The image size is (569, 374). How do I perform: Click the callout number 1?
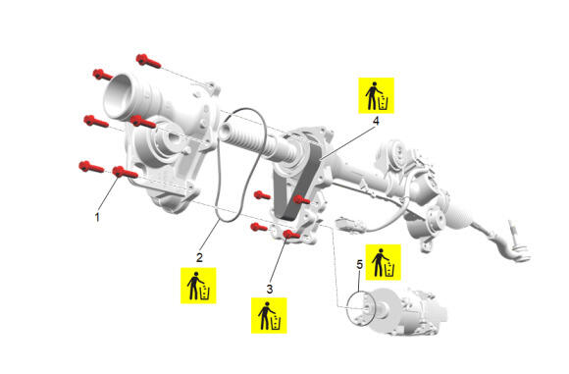(97, 217)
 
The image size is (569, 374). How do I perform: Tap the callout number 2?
(199, 258)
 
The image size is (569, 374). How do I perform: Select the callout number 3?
(269, 289)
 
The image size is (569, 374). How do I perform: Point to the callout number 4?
(376, 121)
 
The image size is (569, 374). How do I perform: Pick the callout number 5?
(359, 265)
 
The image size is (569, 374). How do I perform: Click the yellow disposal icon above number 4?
(377, 95)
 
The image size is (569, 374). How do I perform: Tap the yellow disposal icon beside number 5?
(383, 262)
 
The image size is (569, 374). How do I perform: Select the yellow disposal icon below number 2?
(198, 286)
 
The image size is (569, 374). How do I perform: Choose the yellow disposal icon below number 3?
(269, 315)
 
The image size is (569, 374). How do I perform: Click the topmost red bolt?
(148, 61)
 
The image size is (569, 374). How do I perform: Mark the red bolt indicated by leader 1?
(125, 173)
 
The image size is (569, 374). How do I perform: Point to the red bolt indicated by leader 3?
(291, 235)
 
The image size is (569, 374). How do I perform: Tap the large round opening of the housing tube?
(118, 96)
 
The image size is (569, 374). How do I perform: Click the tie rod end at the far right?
(515, 247)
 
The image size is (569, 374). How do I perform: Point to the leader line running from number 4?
(347, 143)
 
